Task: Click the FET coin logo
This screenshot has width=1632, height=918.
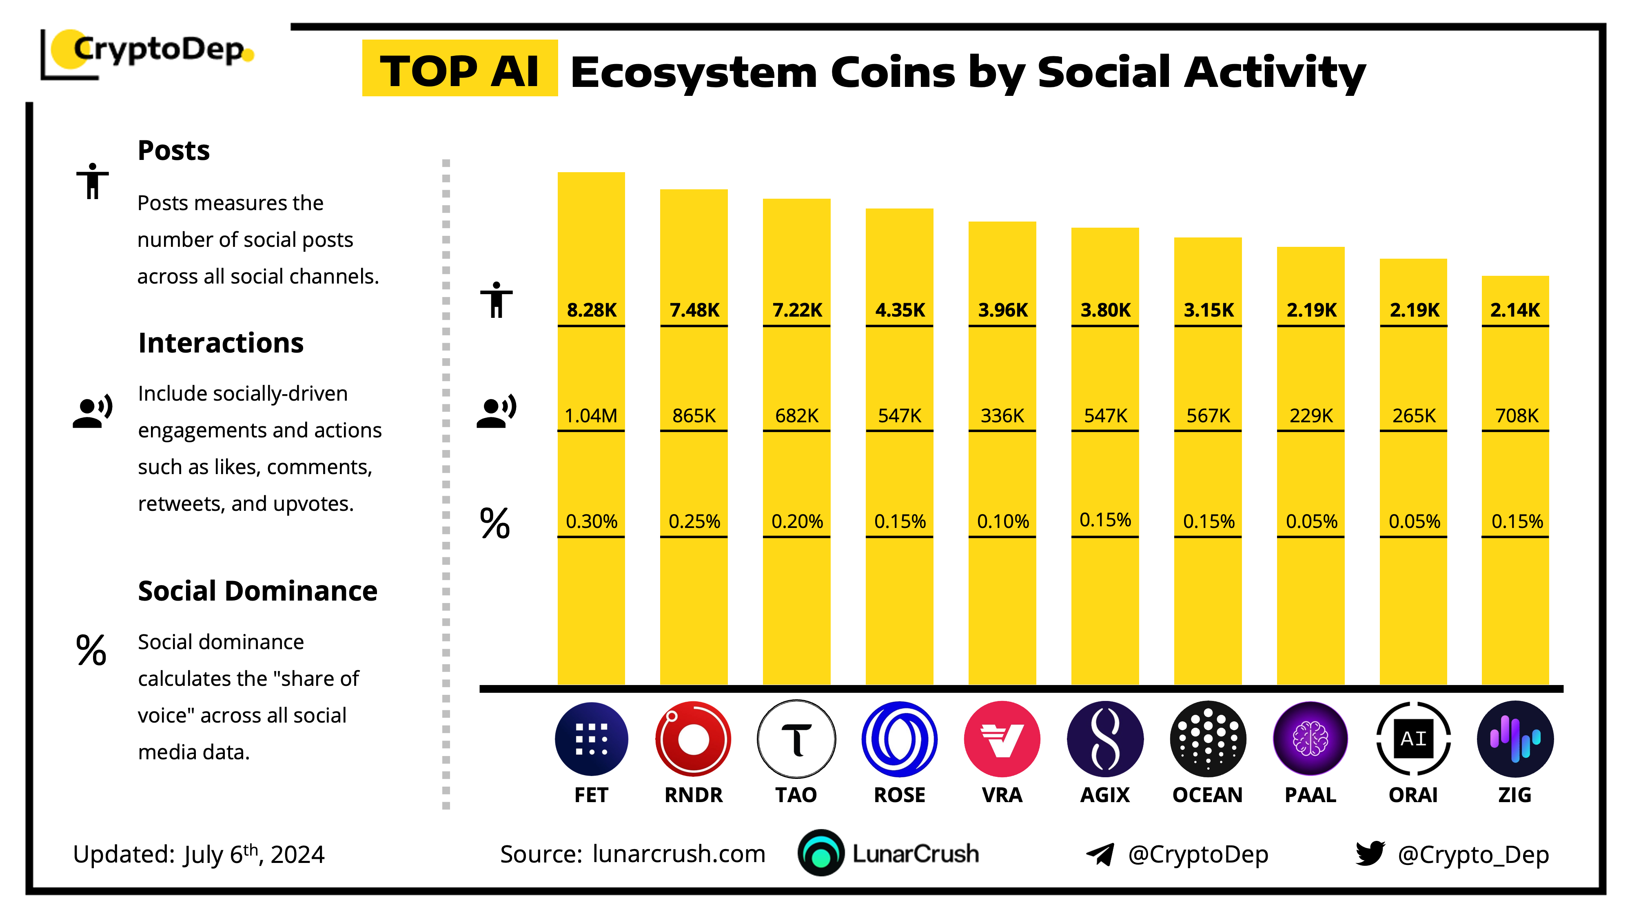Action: click(591, 739)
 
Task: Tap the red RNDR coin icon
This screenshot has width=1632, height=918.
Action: click(693, 739)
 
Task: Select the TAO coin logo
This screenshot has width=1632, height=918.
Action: click(796, 739)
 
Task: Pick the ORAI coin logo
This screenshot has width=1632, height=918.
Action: click(1413, 739)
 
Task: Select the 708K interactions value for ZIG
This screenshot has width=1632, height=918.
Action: click(1516, 416)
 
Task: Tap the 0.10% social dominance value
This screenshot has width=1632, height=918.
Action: click(1002, 521)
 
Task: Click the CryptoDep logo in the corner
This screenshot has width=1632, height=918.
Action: click(149, 52)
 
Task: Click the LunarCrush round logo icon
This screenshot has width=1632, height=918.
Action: click(820, 853)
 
